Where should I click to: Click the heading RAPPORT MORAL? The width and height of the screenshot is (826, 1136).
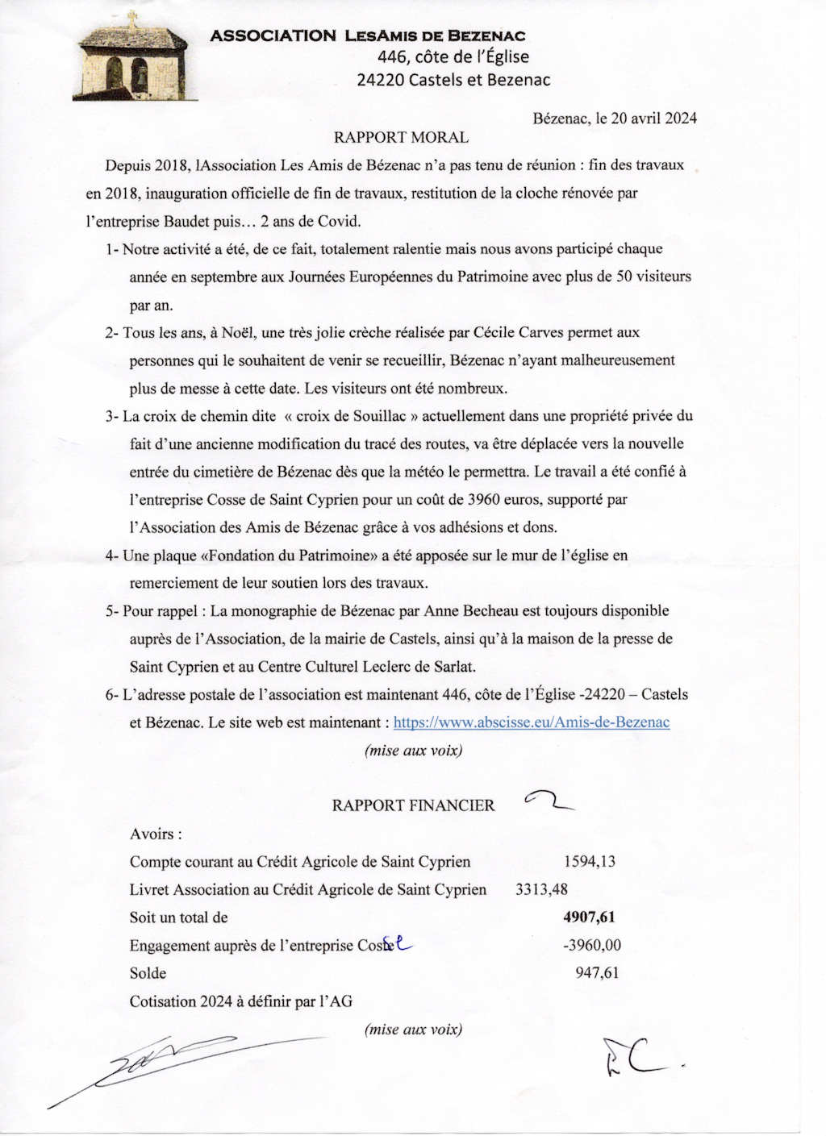click(x=401, y=138)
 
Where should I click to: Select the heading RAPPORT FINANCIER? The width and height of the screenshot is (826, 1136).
click(x=413, y=805)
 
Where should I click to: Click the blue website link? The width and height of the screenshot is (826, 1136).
click(x=531, y=722)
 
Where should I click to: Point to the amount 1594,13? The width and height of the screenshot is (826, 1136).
click(x=589, y=862)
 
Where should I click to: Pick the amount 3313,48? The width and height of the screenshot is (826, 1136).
click(x=541, y=890)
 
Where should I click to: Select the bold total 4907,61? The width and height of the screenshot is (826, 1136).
click(x=589, y=918)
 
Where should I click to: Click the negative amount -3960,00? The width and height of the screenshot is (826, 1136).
click(x=592, y=946)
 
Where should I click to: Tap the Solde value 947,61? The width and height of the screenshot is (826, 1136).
click(x=597, y=973)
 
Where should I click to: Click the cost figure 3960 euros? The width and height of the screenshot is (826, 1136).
click(x=505, y=500)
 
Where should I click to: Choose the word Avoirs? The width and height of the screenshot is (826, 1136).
click(x=154, y=834)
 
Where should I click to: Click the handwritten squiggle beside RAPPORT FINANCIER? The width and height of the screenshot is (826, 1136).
click(x=549, y=801)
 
